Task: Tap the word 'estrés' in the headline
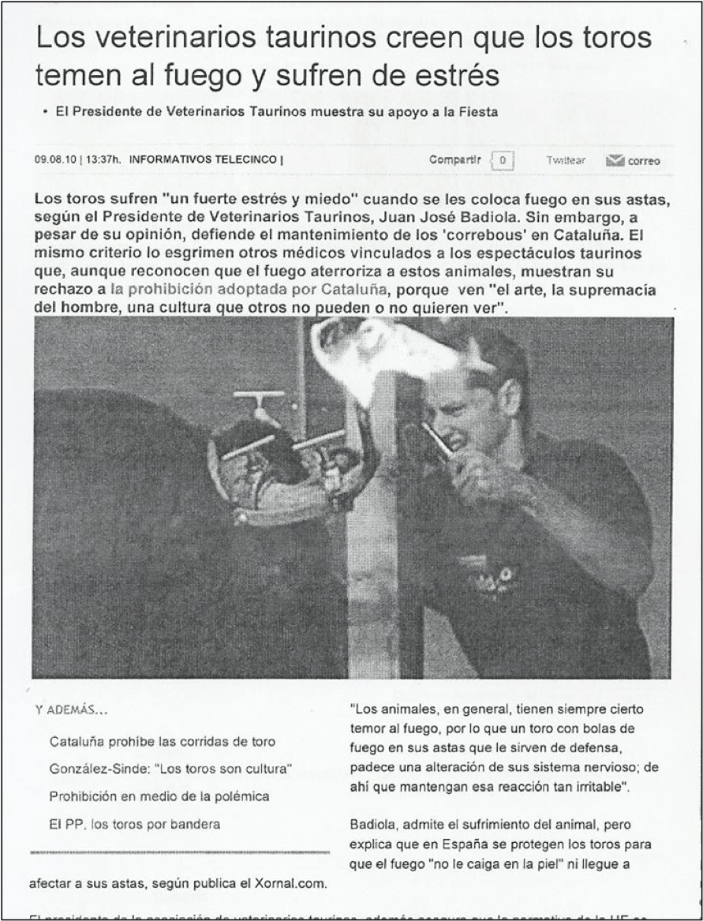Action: pos(449,76)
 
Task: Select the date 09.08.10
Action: pos(55,159)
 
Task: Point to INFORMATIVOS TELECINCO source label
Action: pos(203,159)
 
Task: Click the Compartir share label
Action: pos(454,159)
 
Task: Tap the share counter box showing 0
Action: pos(502,160)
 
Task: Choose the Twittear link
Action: pos(565,160)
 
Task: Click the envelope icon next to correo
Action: pos(615,161)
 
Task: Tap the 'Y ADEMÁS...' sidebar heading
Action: pos(72,709)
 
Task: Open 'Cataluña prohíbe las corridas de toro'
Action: pos(163,742)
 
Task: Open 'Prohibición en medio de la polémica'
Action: pos(159,796)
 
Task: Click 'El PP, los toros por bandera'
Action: pos(135,824)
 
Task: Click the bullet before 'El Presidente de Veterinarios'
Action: pos(46,113)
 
